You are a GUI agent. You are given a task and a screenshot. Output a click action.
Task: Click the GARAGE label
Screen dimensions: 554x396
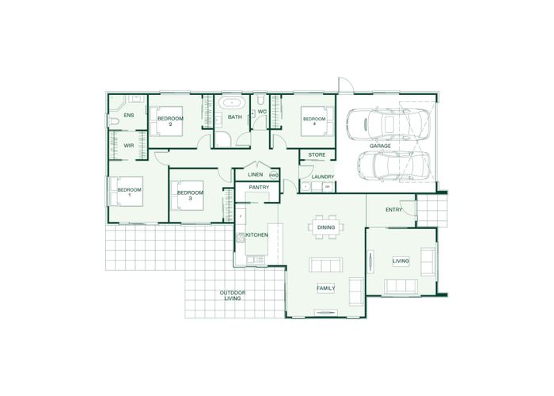point(380,146)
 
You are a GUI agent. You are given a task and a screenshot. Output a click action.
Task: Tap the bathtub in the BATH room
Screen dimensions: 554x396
point(232,102)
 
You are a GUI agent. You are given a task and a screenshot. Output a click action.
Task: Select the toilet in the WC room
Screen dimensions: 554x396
point(260,100)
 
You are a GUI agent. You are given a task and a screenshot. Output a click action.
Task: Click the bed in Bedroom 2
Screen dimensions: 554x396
point(166,121)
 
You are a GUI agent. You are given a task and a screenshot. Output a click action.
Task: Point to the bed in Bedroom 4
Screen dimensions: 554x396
point(317,122)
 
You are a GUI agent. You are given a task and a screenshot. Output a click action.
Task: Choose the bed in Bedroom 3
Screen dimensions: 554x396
point(188,196)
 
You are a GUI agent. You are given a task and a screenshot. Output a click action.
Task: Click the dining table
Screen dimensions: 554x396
point(326,227)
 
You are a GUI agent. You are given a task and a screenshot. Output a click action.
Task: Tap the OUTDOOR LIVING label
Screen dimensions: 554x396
point(233,295)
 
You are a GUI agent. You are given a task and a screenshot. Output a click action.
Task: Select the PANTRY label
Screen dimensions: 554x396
point(259,188)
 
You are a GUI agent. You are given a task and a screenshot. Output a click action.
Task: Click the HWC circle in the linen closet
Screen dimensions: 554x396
point(274,175)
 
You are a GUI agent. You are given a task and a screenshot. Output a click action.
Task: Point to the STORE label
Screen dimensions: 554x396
point(317,155)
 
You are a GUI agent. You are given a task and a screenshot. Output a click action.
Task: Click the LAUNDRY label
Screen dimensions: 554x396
point(323,177)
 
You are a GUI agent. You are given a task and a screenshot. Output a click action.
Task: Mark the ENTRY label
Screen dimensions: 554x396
point(393,210)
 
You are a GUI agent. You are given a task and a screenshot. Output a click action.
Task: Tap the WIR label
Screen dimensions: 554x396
point(128,145)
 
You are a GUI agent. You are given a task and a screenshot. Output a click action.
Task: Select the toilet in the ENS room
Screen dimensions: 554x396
point(113,122)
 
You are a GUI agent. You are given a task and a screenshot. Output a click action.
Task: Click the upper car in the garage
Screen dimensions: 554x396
point(389,124)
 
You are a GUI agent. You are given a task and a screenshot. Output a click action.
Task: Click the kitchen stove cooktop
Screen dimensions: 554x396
point(241,238)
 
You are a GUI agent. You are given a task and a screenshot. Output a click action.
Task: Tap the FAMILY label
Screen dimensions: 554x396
point(326,288)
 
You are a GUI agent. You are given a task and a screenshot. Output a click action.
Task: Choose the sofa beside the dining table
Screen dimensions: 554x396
point(325,265)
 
